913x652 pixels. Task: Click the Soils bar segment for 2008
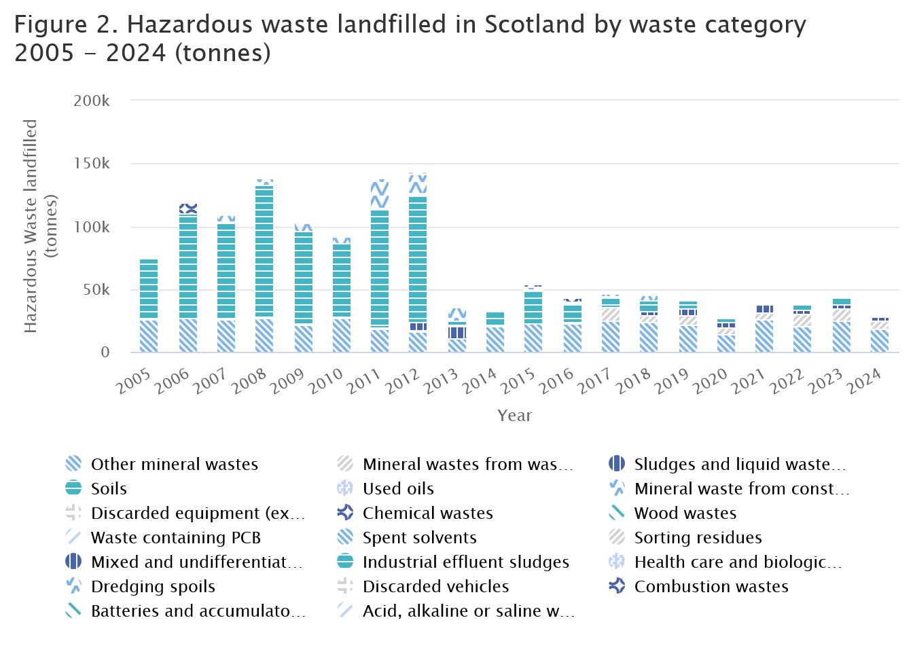[x=264, y=251]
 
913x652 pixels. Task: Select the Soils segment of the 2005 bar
[x=149, y=289]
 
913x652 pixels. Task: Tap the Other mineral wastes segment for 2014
[x=495, y=339]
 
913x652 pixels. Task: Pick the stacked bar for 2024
[x=880, y=336]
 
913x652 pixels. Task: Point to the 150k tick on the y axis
[x=92, y=164]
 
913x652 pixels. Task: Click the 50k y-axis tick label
[x=96, y=290]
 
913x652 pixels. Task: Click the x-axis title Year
[x=514, y=416]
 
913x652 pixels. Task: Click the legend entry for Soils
[x=109, y=488]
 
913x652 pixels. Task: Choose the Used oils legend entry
[x=398, y=488]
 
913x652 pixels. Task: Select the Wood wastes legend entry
[x=685, y=513]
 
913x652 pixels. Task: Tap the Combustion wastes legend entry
[x=711, y=586]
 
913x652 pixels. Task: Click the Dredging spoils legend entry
[x=153, y=586]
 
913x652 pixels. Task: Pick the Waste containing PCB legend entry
[x=176, y=537]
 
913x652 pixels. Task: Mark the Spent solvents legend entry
[x=419, y=537]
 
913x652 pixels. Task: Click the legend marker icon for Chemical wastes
[x=345, y=513]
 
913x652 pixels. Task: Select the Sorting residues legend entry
[x=698, y=537]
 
